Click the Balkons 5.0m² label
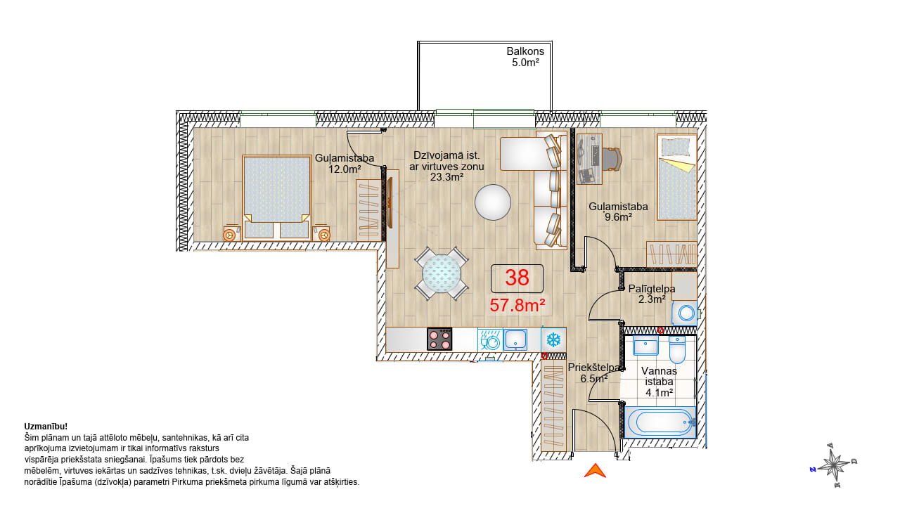coord(525,57)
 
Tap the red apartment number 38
coord(517,278)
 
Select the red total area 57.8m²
coord(517,305)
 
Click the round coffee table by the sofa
coord(493,202)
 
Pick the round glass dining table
coord(442,273)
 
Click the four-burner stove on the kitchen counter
coord(439,339)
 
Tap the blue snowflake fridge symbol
coord(553,339)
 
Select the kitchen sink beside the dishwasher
coord(515,339)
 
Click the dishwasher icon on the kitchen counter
coord(490,340)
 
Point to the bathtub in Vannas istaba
coord(660,422)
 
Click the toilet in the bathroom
coord(677,350)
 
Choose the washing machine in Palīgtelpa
coord(685,313)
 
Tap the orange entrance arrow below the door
coord(595,471)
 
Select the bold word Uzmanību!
coord(46,427)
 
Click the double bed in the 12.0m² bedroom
coord(277,198)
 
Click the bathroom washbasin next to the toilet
coord(645,346)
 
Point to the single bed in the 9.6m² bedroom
coord(677,177)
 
